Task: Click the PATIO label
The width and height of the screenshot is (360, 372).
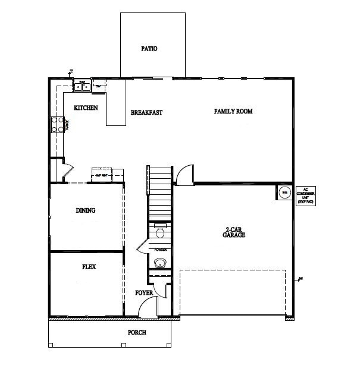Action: (149, 49)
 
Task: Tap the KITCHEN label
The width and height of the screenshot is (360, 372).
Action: (86, 108)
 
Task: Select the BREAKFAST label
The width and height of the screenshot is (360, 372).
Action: (146, 112)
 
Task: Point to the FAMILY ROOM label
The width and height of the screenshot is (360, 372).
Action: (233, 111)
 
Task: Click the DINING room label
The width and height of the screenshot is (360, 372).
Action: (86, 210)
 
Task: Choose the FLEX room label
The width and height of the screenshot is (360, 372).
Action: (89, 267)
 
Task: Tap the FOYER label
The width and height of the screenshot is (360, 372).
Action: (144, 293)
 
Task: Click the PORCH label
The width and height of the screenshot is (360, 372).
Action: (137, 332)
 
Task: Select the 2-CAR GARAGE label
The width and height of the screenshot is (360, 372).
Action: (235, 232)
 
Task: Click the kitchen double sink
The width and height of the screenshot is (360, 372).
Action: (82, 87)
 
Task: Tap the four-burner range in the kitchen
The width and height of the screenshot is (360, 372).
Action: (58, 124)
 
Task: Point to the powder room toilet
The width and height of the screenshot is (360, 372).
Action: (159, 231)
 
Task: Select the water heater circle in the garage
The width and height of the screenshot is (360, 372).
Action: (284, 193)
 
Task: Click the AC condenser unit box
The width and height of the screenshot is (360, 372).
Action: (305, 196)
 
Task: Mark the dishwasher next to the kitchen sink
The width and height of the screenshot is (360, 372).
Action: (99, 87)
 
